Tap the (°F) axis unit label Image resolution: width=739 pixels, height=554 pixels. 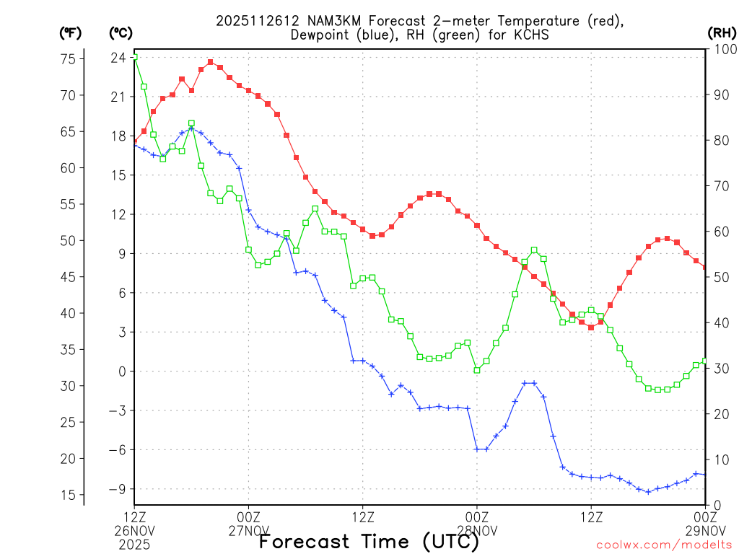tap(70, 32)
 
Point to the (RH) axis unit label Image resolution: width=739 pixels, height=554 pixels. tap(721, 32)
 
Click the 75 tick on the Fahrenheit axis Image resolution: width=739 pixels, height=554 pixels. tap(67, 59)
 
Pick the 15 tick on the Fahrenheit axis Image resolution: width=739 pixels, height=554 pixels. tap(67, 495)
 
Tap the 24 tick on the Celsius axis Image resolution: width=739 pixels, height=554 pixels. tap(119, 58)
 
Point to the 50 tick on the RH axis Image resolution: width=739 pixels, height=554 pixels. tap(718, 277)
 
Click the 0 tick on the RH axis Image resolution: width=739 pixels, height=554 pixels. tap(714, 505)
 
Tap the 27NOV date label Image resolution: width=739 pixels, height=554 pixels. tap(249, 531)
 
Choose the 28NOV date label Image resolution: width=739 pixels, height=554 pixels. tap(477, 531)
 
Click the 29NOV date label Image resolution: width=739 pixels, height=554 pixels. tap(705, 531)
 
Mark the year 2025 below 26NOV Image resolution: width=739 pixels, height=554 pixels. tap(135, 545)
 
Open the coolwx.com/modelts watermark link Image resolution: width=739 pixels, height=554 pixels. tap(664, 545)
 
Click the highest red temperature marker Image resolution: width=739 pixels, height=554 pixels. tap(211, 62)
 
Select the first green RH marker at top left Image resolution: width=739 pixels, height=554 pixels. tap(135, 58)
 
